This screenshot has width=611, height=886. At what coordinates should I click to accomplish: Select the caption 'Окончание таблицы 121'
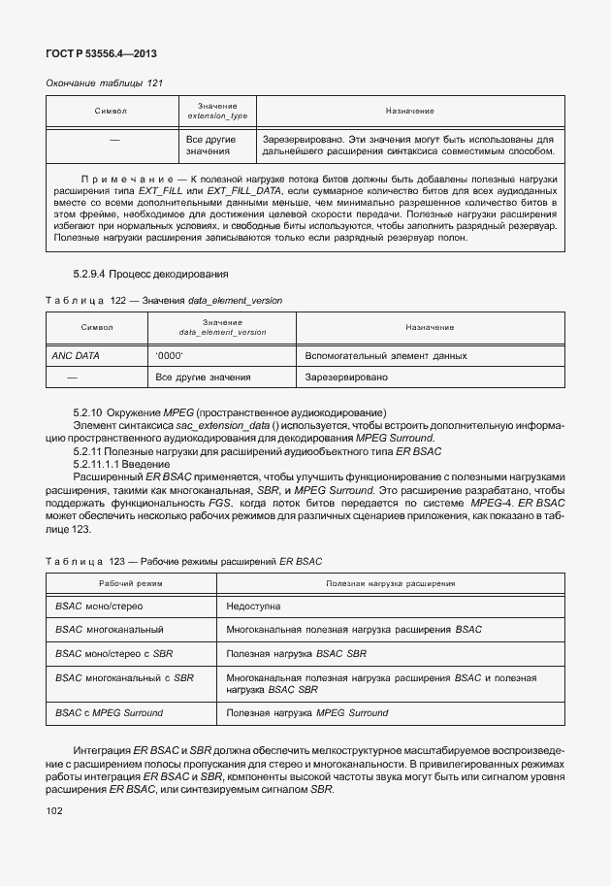(105, 83)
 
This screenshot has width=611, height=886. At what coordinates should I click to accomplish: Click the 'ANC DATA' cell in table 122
(76, 356)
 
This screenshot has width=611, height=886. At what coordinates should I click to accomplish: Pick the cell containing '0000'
(170, 356)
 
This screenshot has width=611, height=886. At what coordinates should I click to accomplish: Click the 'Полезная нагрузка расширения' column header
(390, 583)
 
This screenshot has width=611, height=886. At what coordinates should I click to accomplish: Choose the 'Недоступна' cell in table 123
(253, 606)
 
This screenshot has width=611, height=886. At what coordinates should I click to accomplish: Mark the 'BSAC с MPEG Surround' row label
(110, 713)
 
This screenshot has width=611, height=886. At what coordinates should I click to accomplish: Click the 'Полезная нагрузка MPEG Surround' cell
(306, 713)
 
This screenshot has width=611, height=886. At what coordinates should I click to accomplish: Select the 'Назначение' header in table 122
(430, 327)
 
